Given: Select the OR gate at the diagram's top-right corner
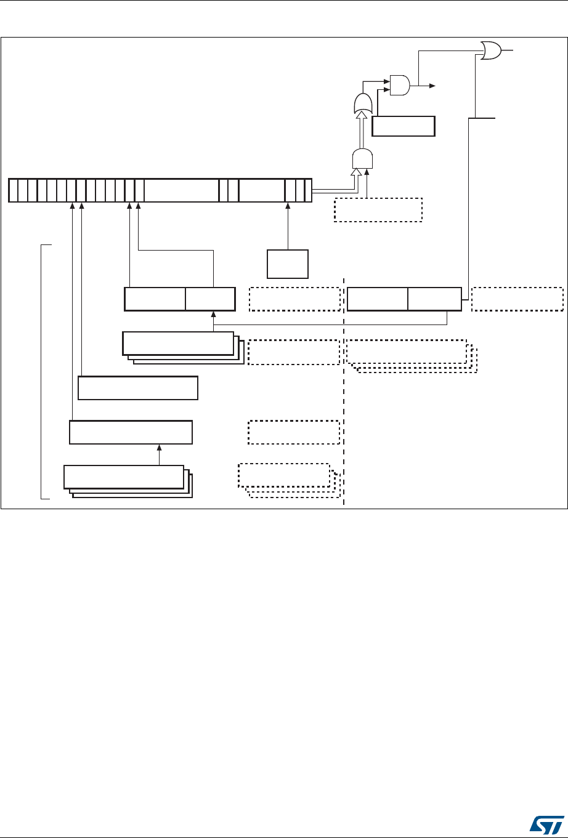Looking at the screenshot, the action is click(490, 50).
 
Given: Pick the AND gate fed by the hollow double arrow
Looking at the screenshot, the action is click(362, 159).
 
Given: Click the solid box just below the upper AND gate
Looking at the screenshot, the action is click(404, 126).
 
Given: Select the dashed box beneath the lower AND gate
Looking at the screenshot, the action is click(378, 209).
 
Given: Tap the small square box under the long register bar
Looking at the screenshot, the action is click(287, 264).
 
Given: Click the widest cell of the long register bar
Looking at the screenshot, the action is click(181, 190).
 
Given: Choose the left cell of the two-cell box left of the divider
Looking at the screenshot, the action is click(155, 299).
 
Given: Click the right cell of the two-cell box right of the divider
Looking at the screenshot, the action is click(434, 299).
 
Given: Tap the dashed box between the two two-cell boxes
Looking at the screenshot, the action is click(294, 299).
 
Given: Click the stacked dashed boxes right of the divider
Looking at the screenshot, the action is click(408, 353).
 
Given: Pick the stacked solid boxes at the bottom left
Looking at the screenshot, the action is click(125, 480).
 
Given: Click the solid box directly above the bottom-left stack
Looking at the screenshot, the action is click(131, 432).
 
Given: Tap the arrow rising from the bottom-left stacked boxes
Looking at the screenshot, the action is click(159, 455).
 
